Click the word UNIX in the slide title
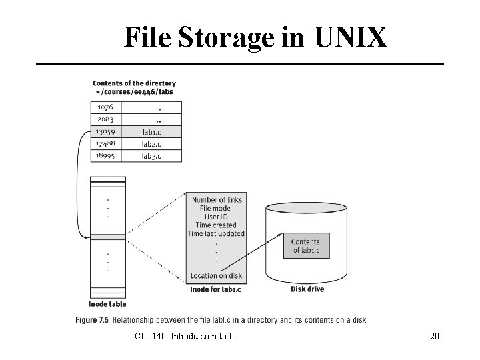tap(351, 38)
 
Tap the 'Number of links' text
tap(217, 199)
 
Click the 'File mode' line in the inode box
tap(217, 208)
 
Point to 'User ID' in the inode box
tap(217, 217)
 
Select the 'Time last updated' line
tap(217, 234)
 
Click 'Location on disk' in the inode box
tap(217, 275)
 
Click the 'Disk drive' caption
tap(307, 289)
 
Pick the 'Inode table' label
tap(107, 304)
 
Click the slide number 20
tap(435, 337)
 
